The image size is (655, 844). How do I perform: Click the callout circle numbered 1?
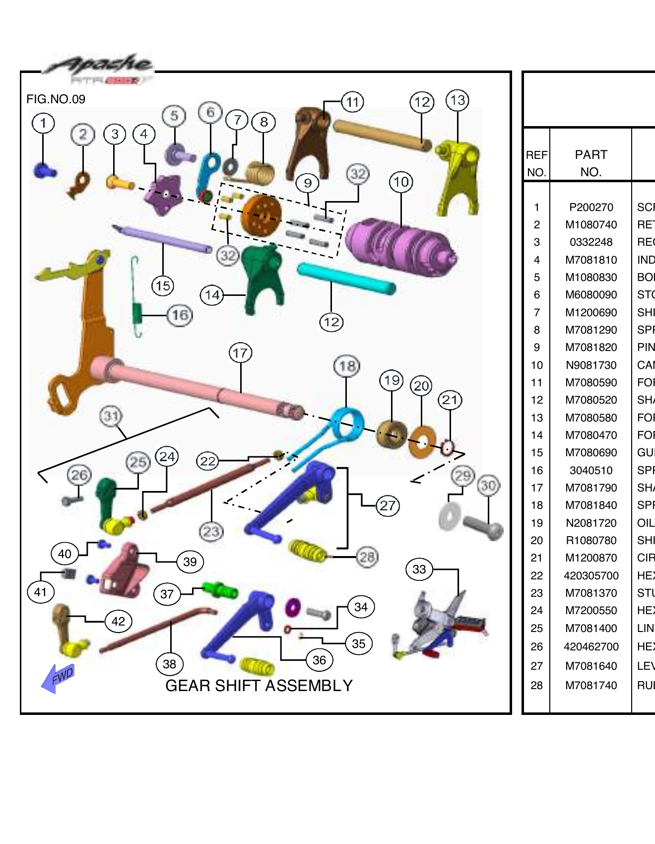[x=43, y=123]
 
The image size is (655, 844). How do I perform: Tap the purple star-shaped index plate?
[x=163, y=195]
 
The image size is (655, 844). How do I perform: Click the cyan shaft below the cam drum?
[x=346, y=279]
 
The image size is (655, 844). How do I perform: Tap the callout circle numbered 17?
[x=241, y=353]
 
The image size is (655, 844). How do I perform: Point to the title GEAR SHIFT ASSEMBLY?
[x=259, y=686]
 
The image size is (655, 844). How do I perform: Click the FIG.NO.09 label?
[x=56, y=99]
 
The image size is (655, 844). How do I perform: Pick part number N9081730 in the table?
[x=591, y=365]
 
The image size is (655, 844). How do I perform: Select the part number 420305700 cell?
[x=591, y=576]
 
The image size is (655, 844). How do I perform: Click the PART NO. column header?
[x=590, y=163]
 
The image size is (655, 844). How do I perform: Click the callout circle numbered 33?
[x=419, y=569]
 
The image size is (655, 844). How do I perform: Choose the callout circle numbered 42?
[x=118, y=621]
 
